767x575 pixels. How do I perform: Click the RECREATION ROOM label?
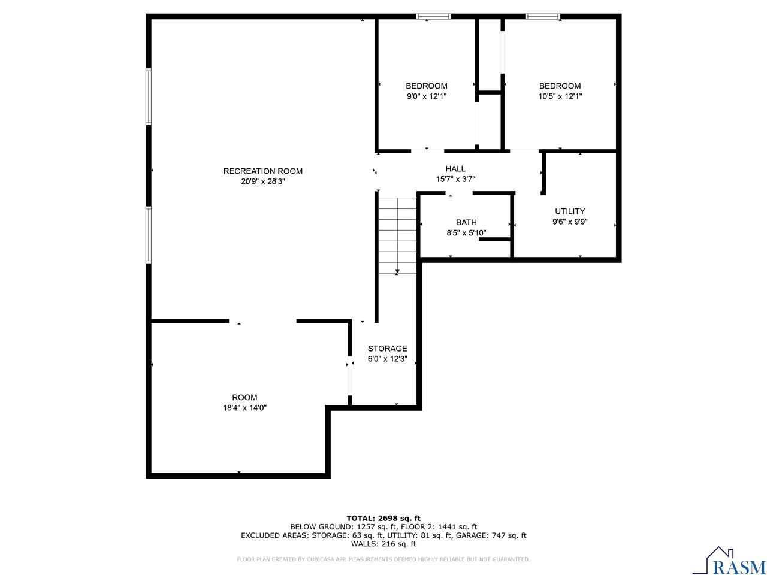(262, 171)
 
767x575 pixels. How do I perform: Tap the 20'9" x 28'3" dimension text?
(262, 181)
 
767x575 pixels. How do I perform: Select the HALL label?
(455, 169)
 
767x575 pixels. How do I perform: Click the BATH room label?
(466, 222)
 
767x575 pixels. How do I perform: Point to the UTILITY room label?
(570, 211)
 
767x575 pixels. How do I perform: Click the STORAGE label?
(387, 348)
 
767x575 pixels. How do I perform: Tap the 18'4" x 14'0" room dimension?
(244, 407)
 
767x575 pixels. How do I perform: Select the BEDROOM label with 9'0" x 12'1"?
(426, 86)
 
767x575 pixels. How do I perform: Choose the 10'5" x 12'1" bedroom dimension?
(560, 96)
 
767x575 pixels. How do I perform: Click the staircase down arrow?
(397, 271)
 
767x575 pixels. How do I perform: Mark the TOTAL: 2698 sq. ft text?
(383, 518)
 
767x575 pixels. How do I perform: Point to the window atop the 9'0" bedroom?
(434, 16)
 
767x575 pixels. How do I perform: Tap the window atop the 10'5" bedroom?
(543, 16)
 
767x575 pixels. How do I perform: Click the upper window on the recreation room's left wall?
(149, 96)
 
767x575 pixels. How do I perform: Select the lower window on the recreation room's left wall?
(149, 235)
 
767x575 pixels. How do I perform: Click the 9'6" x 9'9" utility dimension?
(570, 221)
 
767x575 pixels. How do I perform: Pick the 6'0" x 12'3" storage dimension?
(387, 359)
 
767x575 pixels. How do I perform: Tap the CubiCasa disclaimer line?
(383, 559)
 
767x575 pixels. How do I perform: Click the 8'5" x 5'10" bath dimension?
(466, 233)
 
